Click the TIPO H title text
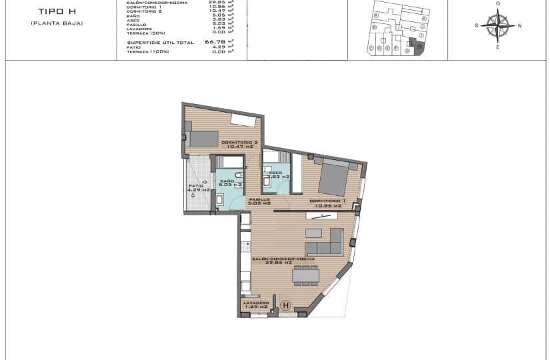pyautogui.click(x=57, y=11)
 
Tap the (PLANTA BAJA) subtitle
pyautogui.click(x=57, y=23)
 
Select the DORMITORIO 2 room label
pyautogui.click(x=239, y=143)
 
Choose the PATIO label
pyautogui.click(x=195, y=186)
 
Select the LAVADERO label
pyautogui.click(x=256, y=303)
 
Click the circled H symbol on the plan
pyautogui.click(x=286, y=306)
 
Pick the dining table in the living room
pyautogui.click(x=305, y=275)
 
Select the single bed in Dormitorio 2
pyautogui.click(x=203, y=139)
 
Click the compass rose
pyautogui.click(x=497, y=26)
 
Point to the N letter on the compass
pyautogui.click(x=519, y=26)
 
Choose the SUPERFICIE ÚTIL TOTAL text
pyautogui.click(x=160, y=42)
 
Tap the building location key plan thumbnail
pyautogui.click(x=398, y=28)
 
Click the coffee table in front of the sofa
pyautogui.click(x=313, y=233)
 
